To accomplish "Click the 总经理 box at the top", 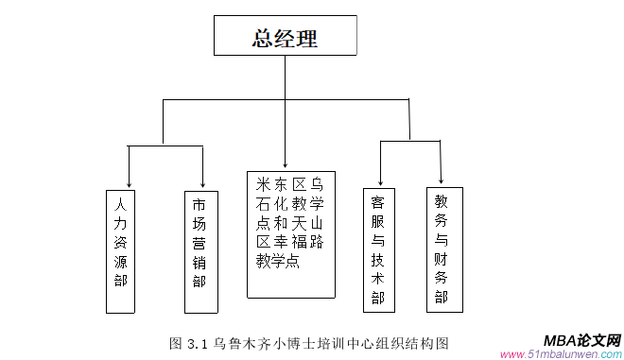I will [x=285, y=38].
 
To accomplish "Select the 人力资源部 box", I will [x=119, y=250].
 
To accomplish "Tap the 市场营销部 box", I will [x=199, y=250].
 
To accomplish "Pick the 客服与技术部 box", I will [x=377, y=249].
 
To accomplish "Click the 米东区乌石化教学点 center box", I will [x=290, y=233].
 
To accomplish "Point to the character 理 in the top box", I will [x=306, y=39].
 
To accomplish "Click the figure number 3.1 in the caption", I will [x=198, y=341].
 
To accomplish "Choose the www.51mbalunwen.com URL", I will [x=561, y=354].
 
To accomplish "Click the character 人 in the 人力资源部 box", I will [x=119, y=204].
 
